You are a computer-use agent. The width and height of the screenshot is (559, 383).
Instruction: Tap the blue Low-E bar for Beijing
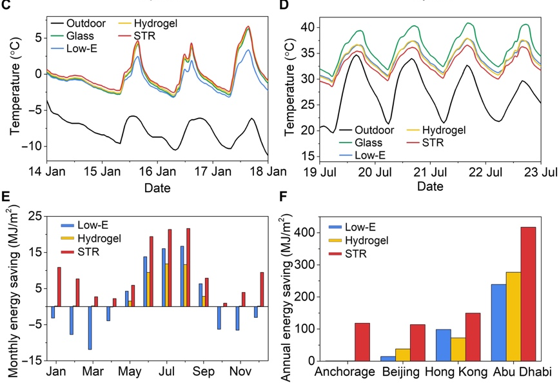tap(388, 358)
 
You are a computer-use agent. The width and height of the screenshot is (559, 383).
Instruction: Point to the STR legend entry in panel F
tap(355, 254)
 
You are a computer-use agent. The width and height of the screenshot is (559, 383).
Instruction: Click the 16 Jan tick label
tap(166, 172)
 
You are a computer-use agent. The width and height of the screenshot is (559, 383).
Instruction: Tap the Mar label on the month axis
tap(93, 372)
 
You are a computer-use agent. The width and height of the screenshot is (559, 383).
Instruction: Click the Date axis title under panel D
tap(431, 187)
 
